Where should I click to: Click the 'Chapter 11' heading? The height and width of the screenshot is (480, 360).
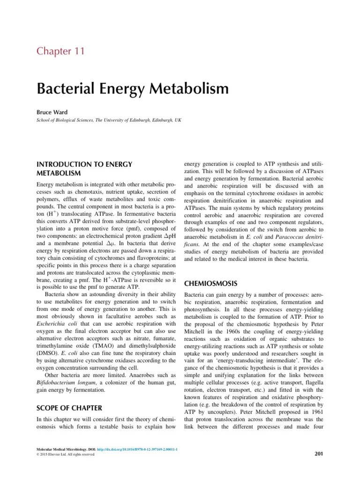click(x=61, y=51)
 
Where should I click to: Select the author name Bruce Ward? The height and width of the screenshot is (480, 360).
click(x=52, y=112)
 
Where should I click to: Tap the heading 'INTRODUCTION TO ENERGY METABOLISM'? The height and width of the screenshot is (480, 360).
click(x=84, y=169)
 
